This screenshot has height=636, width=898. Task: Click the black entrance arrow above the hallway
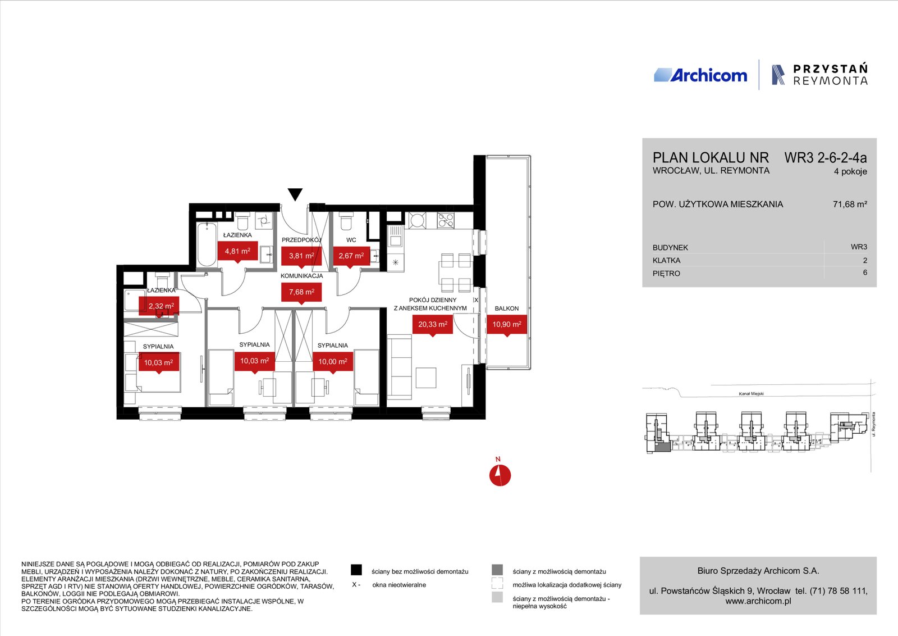click(295, 194)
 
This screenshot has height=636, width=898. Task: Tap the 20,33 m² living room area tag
click(433, 325)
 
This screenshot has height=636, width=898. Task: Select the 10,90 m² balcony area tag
click(507, 325)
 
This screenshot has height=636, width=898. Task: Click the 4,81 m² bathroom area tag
click(237, 252)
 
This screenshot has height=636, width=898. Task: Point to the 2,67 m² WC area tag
click(351, 256)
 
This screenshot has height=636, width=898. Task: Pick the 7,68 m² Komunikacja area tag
click(301, 293)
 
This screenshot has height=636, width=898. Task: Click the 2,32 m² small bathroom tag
click(159, 307)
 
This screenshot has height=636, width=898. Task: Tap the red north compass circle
click(500, 475)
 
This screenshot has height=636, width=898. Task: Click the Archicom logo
click(700, 75)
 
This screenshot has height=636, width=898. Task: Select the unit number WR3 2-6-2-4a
click(826, 158)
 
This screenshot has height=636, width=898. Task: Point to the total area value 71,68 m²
click(850, 205)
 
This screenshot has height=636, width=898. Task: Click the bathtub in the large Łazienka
click(207, 244)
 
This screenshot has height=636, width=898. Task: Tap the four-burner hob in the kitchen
click(446, 220)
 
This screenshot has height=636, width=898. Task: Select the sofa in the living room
click(399, 367)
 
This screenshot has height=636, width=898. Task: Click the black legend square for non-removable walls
click(356, 570)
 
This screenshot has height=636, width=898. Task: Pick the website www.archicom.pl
click(758, 601)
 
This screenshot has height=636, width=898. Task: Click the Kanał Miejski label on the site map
click(752, 394)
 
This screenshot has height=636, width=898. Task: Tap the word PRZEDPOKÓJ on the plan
click(301, 240)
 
